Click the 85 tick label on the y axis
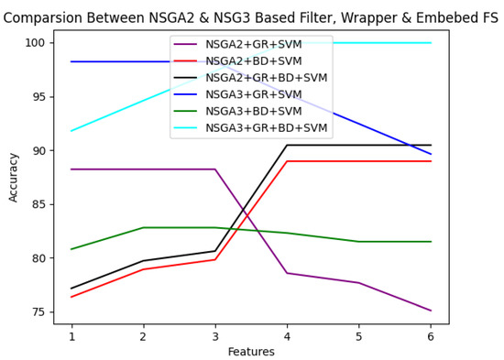pyautogui.click(x=38, y=204)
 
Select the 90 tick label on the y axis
pyautogui.click(x=38, y=151)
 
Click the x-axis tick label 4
pyautogui.click(x=287, y=336)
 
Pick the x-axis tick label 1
pyautogui.click(x=71, y=336)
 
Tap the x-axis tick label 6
pyautogui.click(x=431, y=336)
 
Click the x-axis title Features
pyautogui.click(x=251, y=351)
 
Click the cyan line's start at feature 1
pyautogui.click(x=71, y=131)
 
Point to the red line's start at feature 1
pyautogui.click(x=71, y=297)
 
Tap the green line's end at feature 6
pyautogui.click(x=431, y=242)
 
